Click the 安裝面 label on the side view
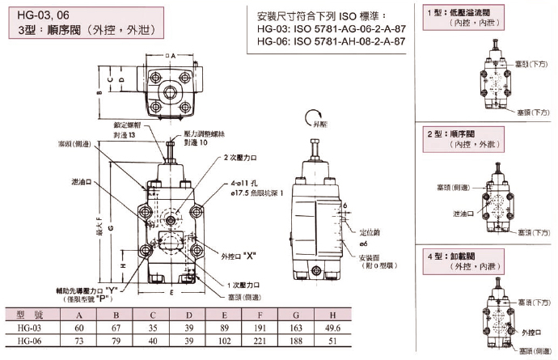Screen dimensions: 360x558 pyautogui.click(x=370, y=259)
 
